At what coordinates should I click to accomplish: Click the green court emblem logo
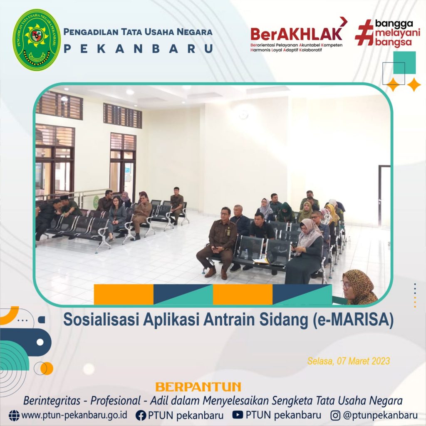coord(37,40)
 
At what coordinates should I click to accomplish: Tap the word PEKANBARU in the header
coord(138,49)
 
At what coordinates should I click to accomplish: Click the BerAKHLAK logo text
coord(296,34)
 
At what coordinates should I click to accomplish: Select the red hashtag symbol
coord(364,32)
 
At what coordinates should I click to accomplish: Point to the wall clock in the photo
coord(243,115)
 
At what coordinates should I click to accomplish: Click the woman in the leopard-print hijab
coord(359,287)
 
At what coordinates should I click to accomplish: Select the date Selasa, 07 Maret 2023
coord(349,361)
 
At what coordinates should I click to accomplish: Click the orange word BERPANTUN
coord(198,387)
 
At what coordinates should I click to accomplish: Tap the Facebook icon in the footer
coord(141,416)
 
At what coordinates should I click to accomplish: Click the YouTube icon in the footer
coord(238,415)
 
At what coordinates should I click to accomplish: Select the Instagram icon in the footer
coord(335,416)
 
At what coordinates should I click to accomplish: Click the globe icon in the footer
coord(14,416)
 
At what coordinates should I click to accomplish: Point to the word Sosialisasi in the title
coord(101,320)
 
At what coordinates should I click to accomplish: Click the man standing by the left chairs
coord(177,206)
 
